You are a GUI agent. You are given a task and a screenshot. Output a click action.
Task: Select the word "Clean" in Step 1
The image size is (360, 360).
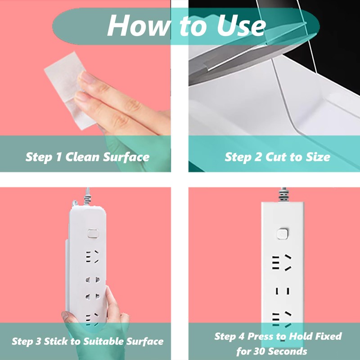(82, 157)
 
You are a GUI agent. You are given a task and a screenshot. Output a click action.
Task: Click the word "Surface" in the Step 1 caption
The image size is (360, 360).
(126, 157)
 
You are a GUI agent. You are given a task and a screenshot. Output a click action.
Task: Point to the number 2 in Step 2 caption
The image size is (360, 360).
(258, 157)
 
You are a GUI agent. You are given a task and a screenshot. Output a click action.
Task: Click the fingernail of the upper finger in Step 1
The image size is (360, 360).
(87, 77)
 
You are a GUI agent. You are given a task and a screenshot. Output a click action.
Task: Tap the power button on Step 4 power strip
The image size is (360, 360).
(282, 234)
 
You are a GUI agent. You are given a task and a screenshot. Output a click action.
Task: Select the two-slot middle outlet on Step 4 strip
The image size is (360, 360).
(283, 291)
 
